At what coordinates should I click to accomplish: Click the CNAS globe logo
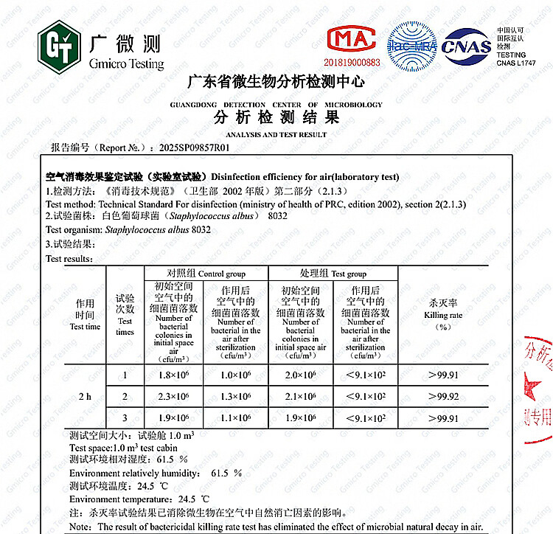pyautogui.click(x=466, y=46)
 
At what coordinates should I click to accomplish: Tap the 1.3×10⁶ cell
pyautogui.click(x=235, y=397)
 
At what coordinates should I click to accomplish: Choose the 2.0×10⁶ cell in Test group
pyautogui.click(x=300, y=375)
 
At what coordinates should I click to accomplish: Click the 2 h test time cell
pyautogui.click(x=85, y=397)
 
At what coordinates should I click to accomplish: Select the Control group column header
pyautogui.click(x=206, y=274)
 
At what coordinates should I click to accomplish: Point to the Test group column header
pyautogui.click(x=333, y=274)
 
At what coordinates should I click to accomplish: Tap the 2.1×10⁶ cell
pyautogui.click(x=300, y=397)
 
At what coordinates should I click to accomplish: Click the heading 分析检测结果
pyautogui.click(x=276, y=118)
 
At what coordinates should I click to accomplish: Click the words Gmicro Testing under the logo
pyautogui.click(x=126, y=64)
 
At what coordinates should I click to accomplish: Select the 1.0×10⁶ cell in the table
pyautogui.click(x=235, y=375)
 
